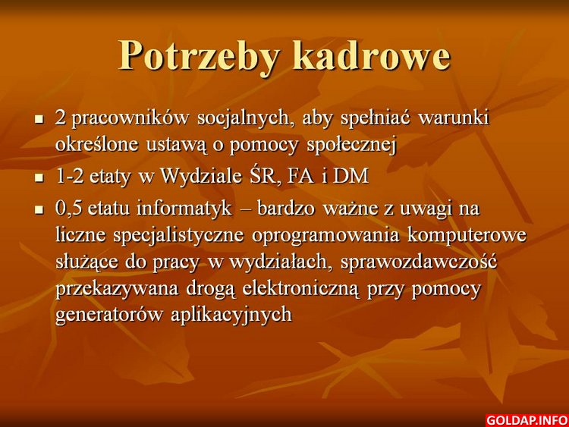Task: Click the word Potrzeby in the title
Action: [x=200, y=57]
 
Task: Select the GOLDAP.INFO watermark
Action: [x=527, y=420]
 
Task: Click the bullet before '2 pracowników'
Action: [x=39, y=118]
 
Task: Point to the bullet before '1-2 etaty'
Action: [x=39, y=178]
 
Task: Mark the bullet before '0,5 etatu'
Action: [x=39, y=209]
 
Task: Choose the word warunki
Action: [x=454, y=118]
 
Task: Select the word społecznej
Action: [x=351, y=146]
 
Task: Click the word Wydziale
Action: [x=201, y=177]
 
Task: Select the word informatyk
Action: [x=184, y=209]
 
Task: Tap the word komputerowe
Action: [x=467, y=236]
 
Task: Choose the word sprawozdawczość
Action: [x=419, y=262]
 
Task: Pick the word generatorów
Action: [x=109, y=314]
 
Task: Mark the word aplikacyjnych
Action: [x=231, y=315]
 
